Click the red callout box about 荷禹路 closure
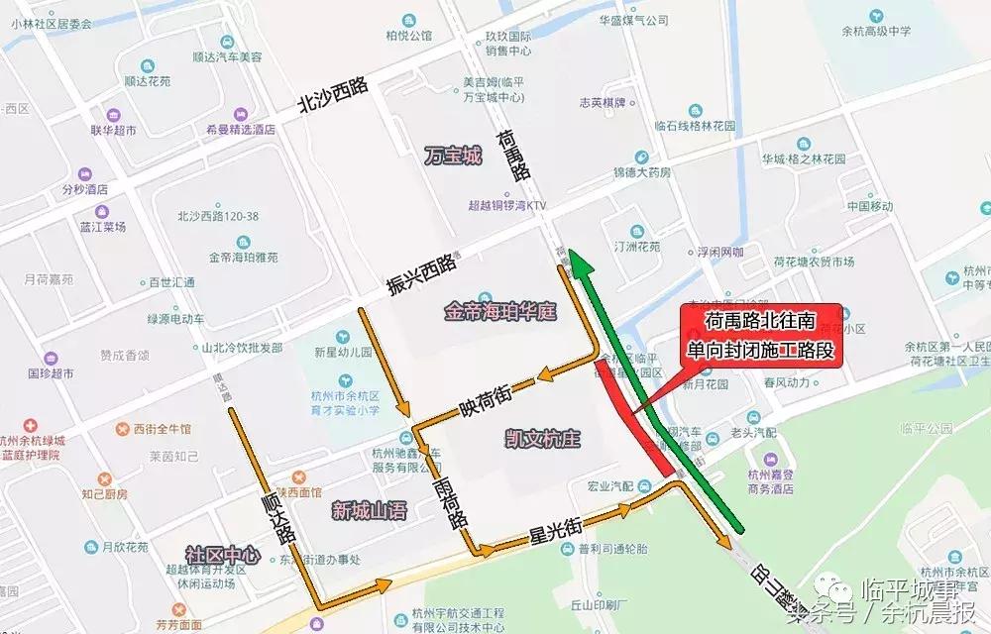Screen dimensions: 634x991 [760, 337]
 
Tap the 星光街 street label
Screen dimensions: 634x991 [556, 531]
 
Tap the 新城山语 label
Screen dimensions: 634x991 [369, 511]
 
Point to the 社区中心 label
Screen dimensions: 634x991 [222, 556]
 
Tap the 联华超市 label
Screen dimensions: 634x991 [113, 130]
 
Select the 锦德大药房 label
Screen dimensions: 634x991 [641, 171]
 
